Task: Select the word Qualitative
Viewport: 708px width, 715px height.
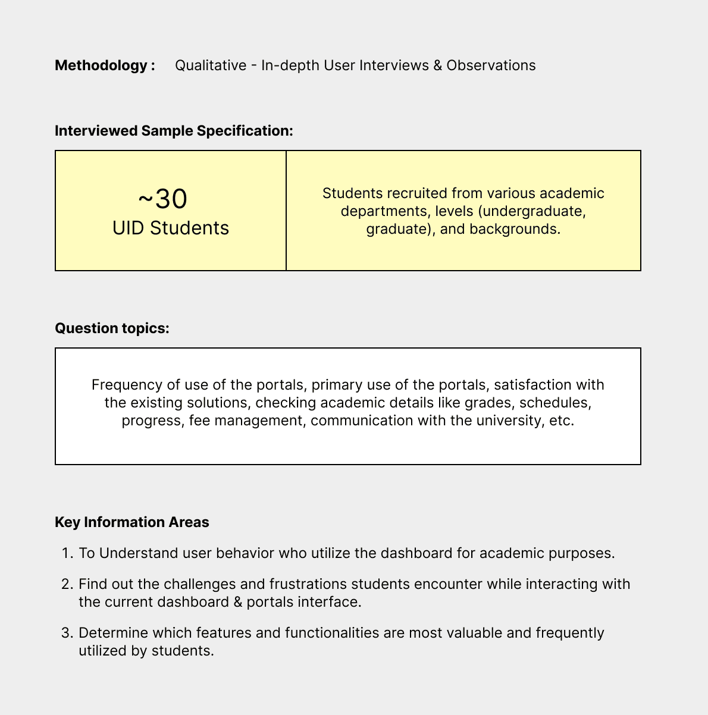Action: (x=211, y=65)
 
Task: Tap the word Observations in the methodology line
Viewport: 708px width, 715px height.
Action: (x=491, y=65)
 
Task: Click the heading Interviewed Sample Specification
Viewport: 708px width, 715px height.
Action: (x=174, y=131)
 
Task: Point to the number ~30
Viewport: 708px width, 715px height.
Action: (x=162, y=199)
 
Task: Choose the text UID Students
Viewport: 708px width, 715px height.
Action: (x=171, y=228)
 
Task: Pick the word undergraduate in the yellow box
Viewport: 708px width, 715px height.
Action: (x=539, y=211)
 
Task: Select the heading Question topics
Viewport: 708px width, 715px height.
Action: (x=112, y=328)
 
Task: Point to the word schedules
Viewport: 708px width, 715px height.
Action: (x=555, y=403)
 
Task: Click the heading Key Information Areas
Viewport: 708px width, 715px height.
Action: (x=132, y=522)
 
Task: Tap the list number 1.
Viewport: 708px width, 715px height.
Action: (x=66, y=553)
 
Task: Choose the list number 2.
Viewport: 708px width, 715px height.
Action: (x=66, y=584)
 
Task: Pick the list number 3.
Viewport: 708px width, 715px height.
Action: (x=66, y=633)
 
